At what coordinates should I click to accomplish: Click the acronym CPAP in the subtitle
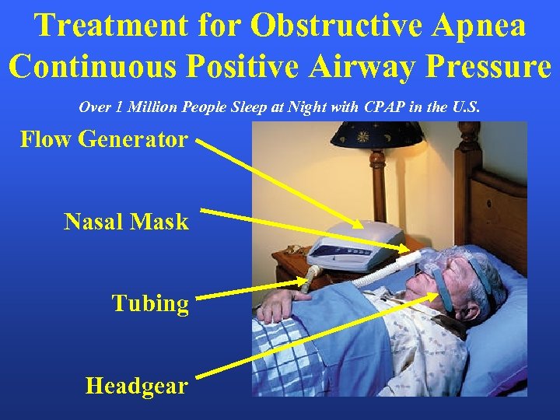click(x=394, y=107)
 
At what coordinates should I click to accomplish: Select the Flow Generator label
click(x=103, y=140)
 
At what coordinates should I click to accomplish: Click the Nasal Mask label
click(x=126, y=222)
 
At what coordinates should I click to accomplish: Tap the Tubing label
click(x=150, y=303)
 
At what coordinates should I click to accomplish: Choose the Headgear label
click(x=136, y=385)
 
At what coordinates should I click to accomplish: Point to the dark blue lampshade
click(x=376, y=133)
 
